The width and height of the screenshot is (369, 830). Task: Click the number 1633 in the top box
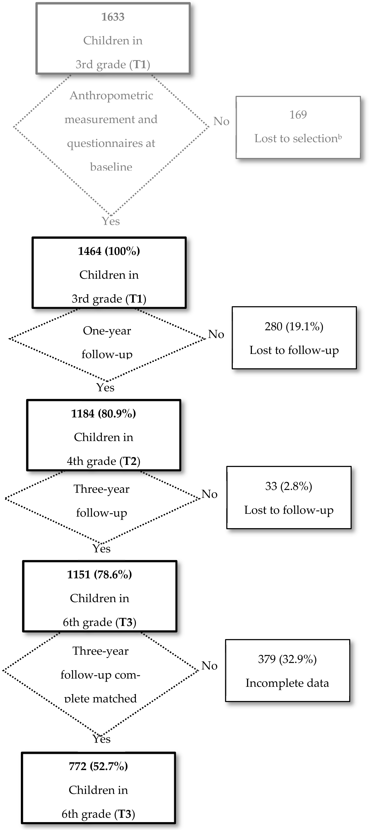113,17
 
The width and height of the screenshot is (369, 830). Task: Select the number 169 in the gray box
298,115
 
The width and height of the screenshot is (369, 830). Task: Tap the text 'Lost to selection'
296,138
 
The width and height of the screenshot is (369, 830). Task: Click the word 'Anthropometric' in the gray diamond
111,96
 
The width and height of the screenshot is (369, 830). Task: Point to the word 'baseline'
111,167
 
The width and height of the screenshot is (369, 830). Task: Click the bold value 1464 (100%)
109,251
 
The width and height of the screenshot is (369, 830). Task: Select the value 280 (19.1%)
294,326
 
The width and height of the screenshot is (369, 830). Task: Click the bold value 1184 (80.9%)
103,413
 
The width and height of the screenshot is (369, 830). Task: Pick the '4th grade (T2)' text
103,461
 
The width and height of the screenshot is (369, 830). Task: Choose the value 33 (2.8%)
288,486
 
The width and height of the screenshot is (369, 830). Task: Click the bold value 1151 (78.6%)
100,574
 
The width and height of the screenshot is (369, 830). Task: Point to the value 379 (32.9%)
287,659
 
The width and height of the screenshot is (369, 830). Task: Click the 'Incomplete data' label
287,683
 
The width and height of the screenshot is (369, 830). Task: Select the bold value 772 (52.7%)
98,766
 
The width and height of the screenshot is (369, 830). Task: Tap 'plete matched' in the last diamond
100,699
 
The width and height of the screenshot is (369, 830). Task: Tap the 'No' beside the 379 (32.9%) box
209,666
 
